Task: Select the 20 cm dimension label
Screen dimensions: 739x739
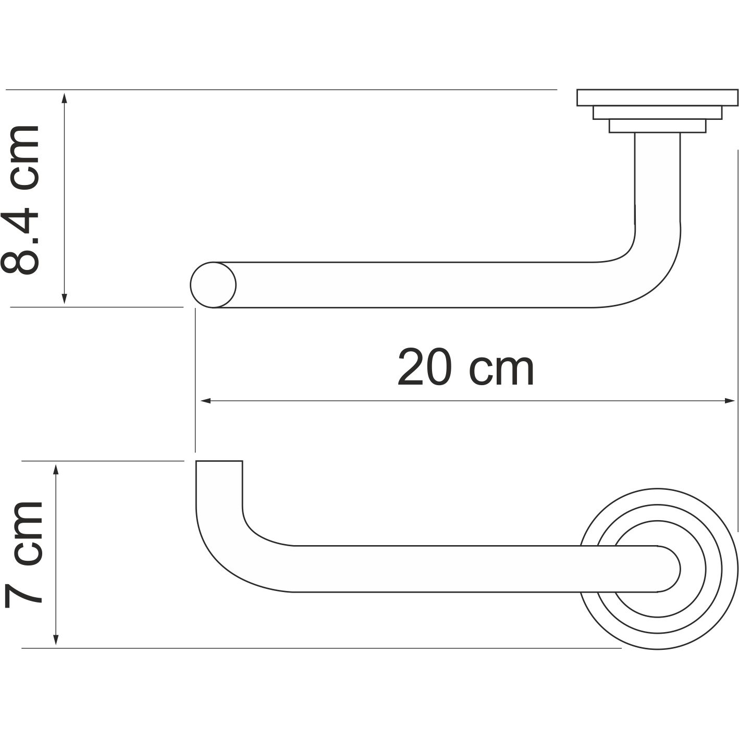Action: coord(465,368)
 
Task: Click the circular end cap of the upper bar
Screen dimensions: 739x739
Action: coord(213,285)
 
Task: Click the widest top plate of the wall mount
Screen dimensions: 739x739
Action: coord(657,97)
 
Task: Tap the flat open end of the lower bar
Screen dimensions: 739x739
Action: coord(219,462)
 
